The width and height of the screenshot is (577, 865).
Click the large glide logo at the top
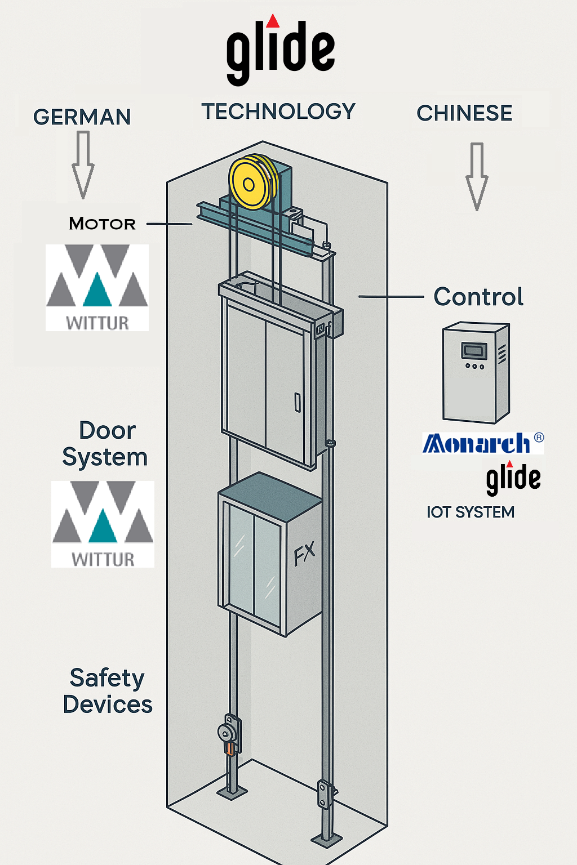point(280,51)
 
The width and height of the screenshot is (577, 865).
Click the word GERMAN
point(82,117)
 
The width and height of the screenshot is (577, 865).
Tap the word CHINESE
point(464,113)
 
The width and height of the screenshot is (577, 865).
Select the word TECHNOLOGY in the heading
point(278,112)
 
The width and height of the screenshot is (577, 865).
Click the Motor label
point(102,224)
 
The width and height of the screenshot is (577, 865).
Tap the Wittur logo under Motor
point(97,287)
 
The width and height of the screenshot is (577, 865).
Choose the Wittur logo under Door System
point(103,524)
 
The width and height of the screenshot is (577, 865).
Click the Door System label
point(105,444)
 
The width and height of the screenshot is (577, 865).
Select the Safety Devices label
point(107,691)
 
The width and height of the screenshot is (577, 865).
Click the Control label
point(478,297)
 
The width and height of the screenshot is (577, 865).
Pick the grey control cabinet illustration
point(476,372)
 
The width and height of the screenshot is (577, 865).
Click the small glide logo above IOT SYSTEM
point(513,478)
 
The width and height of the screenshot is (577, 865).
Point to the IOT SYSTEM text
point(471,512)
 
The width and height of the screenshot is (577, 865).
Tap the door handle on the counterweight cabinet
point(297,403)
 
